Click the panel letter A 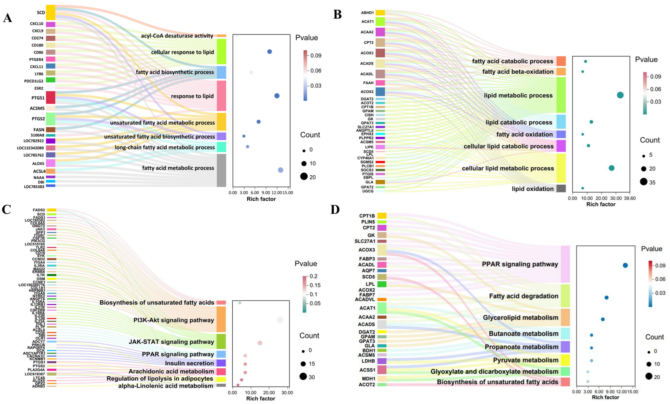pyautogui.click(x=8, y=18)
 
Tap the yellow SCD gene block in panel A pyautogui.click(x=51, y=13)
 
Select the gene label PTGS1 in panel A pyautogui.click(x=38, y=98)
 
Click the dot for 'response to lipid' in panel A pyautogui.click(x=277, y=96)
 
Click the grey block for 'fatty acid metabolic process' pyautogui.click(x=221, y=170)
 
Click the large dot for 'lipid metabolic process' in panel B pyautogui.click(x=620, y=95)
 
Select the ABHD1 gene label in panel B pyautogui.click(x=367, y=13)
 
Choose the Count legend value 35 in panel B pyautogui.click(x=652, y=182)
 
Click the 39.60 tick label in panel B pyautogui.click(x=630, y=198)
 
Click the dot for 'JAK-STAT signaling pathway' pyautogui.click(x=260, y=343)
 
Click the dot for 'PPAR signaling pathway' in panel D pyautogui.click(x=625, y=265)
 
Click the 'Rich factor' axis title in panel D pyautogui.click(x=605, y=397)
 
